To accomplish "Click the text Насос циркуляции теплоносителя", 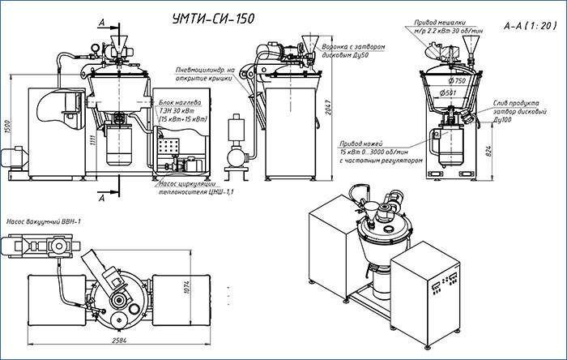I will click(x=195, y=188).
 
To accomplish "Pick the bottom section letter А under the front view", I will click(x=100, y=197).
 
